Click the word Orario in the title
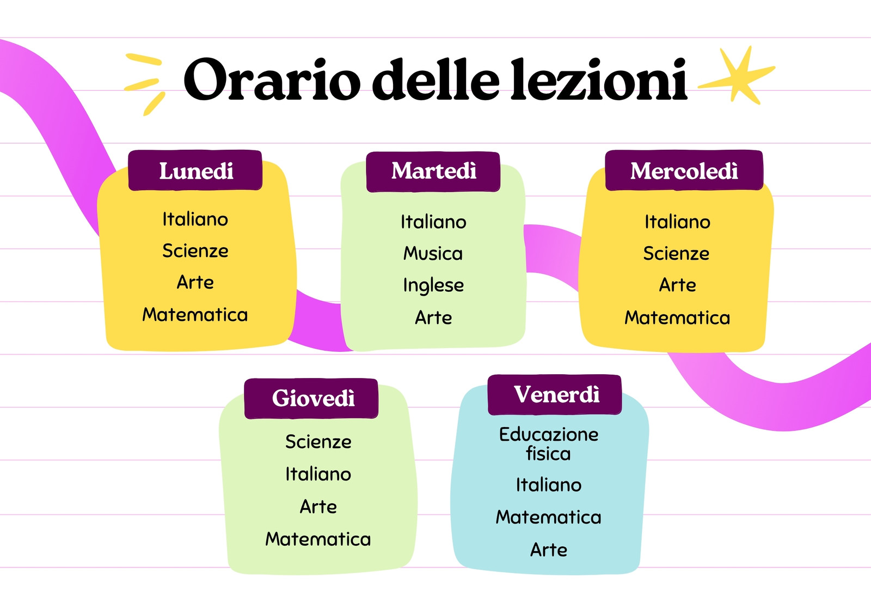coord(272,80)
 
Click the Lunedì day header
coord(195,170)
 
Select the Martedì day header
coord(433,172)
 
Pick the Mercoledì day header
coord(684,170)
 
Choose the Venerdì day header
coord(555,394)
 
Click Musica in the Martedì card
coord(433,253)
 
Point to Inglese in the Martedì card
coord(433,285)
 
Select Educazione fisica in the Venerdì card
coord(549,444)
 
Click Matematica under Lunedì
coord(195,314)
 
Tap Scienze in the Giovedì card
coord(318,442)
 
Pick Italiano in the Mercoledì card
coord(677,222)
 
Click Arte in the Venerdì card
coord(549,550)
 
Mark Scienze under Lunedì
coord(195,251)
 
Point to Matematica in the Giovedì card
coord(318,539)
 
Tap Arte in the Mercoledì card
coord(677,285)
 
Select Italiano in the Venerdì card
coord(549,485)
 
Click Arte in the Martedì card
coord(433,318)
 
